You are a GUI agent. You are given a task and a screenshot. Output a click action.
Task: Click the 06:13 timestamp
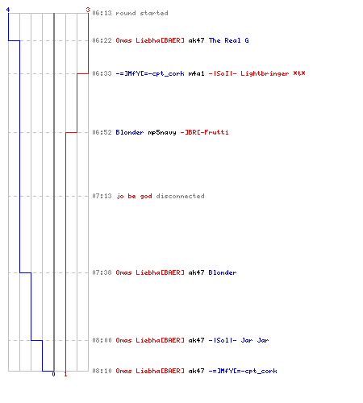(x=102, y=13)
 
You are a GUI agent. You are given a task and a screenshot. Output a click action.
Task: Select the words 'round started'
(x=142, y=13)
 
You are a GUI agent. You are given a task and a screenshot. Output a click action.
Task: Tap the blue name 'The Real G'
(x=229, y=40)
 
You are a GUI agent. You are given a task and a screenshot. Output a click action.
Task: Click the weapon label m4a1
(x=196, y=73)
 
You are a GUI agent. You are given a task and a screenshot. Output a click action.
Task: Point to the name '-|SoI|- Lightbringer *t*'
(x=257, y=73)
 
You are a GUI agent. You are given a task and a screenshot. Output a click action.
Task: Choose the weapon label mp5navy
(x=162, y=132)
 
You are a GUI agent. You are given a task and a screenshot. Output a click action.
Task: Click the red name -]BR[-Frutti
(x=204, y=132)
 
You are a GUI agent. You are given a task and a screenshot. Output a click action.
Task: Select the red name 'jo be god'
(x=134, y=196)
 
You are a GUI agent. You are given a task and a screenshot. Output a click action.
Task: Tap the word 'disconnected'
(x=180, y=196)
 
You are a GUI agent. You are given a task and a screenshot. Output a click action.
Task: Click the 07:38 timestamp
(x=102, y=272)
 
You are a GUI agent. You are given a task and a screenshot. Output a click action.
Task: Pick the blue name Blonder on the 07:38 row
(x=223, y=272)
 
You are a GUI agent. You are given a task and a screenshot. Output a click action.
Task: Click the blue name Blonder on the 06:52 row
(x=130, y=132)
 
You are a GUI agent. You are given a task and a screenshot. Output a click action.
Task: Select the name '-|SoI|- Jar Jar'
(x=239, y=340)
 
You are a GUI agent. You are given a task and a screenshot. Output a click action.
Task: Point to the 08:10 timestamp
(x=102, y=371)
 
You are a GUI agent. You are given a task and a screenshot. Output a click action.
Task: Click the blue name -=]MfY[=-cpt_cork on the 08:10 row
(x=243, y=372)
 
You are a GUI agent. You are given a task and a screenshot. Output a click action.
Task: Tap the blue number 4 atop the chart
(x=8, y=10)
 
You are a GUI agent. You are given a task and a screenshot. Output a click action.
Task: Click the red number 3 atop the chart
(x=88, y=10)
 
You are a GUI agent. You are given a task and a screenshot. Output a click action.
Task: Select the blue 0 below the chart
(x=53, y=374)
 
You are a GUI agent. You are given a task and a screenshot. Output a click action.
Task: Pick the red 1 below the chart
(x=65, y=374)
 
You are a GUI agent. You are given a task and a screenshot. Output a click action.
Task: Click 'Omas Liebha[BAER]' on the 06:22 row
(x=150, y=40)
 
